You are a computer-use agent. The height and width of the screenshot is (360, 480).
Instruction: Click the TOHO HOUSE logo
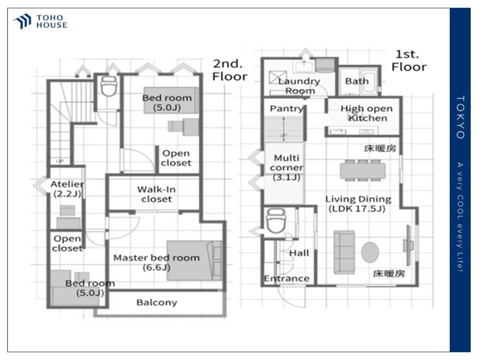click(x=40, y=22)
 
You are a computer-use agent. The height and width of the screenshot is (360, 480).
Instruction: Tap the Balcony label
click(x=157, y=302)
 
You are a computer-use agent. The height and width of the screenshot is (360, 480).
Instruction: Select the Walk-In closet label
click(x=156, y=194)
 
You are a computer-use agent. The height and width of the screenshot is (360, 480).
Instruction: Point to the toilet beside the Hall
click(x=276, y=221)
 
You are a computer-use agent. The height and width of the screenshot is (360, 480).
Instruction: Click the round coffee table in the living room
click(x=370, y=252)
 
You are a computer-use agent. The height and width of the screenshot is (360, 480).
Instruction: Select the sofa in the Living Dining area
click(x=344, y=252)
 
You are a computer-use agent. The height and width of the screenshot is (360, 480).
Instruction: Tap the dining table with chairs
click(x=362, y=170)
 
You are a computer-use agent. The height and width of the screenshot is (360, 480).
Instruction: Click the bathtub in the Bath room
click(x=370, y=83)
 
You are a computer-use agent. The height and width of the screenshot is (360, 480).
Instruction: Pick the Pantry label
click(x=286, y=108)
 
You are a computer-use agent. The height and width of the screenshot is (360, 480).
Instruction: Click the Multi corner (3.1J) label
click(x=287, y=168)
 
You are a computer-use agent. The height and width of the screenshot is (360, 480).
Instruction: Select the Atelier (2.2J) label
click(x=67, y=189)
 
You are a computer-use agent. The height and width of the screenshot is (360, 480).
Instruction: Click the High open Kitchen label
click(x=367, y=113)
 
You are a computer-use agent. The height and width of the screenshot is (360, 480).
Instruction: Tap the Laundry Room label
click(x=299, y=86)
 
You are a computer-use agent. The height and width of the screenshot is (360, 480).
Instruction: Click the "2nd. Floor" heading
click(x=229, y=70)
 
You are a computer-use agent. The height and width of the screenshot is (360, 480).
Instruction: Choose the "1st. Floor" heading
click(x=409, y=60)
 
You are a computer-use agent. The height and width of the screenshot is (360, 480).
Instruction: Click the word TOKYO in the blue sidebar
click(x=460, y=117)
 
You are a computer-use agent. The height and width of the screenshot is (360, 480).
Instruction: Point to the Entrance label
click(x=287, y=278)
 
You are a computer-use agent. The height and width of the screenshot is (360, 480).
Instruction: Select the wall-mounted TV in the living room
click(x=408, y=245)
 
